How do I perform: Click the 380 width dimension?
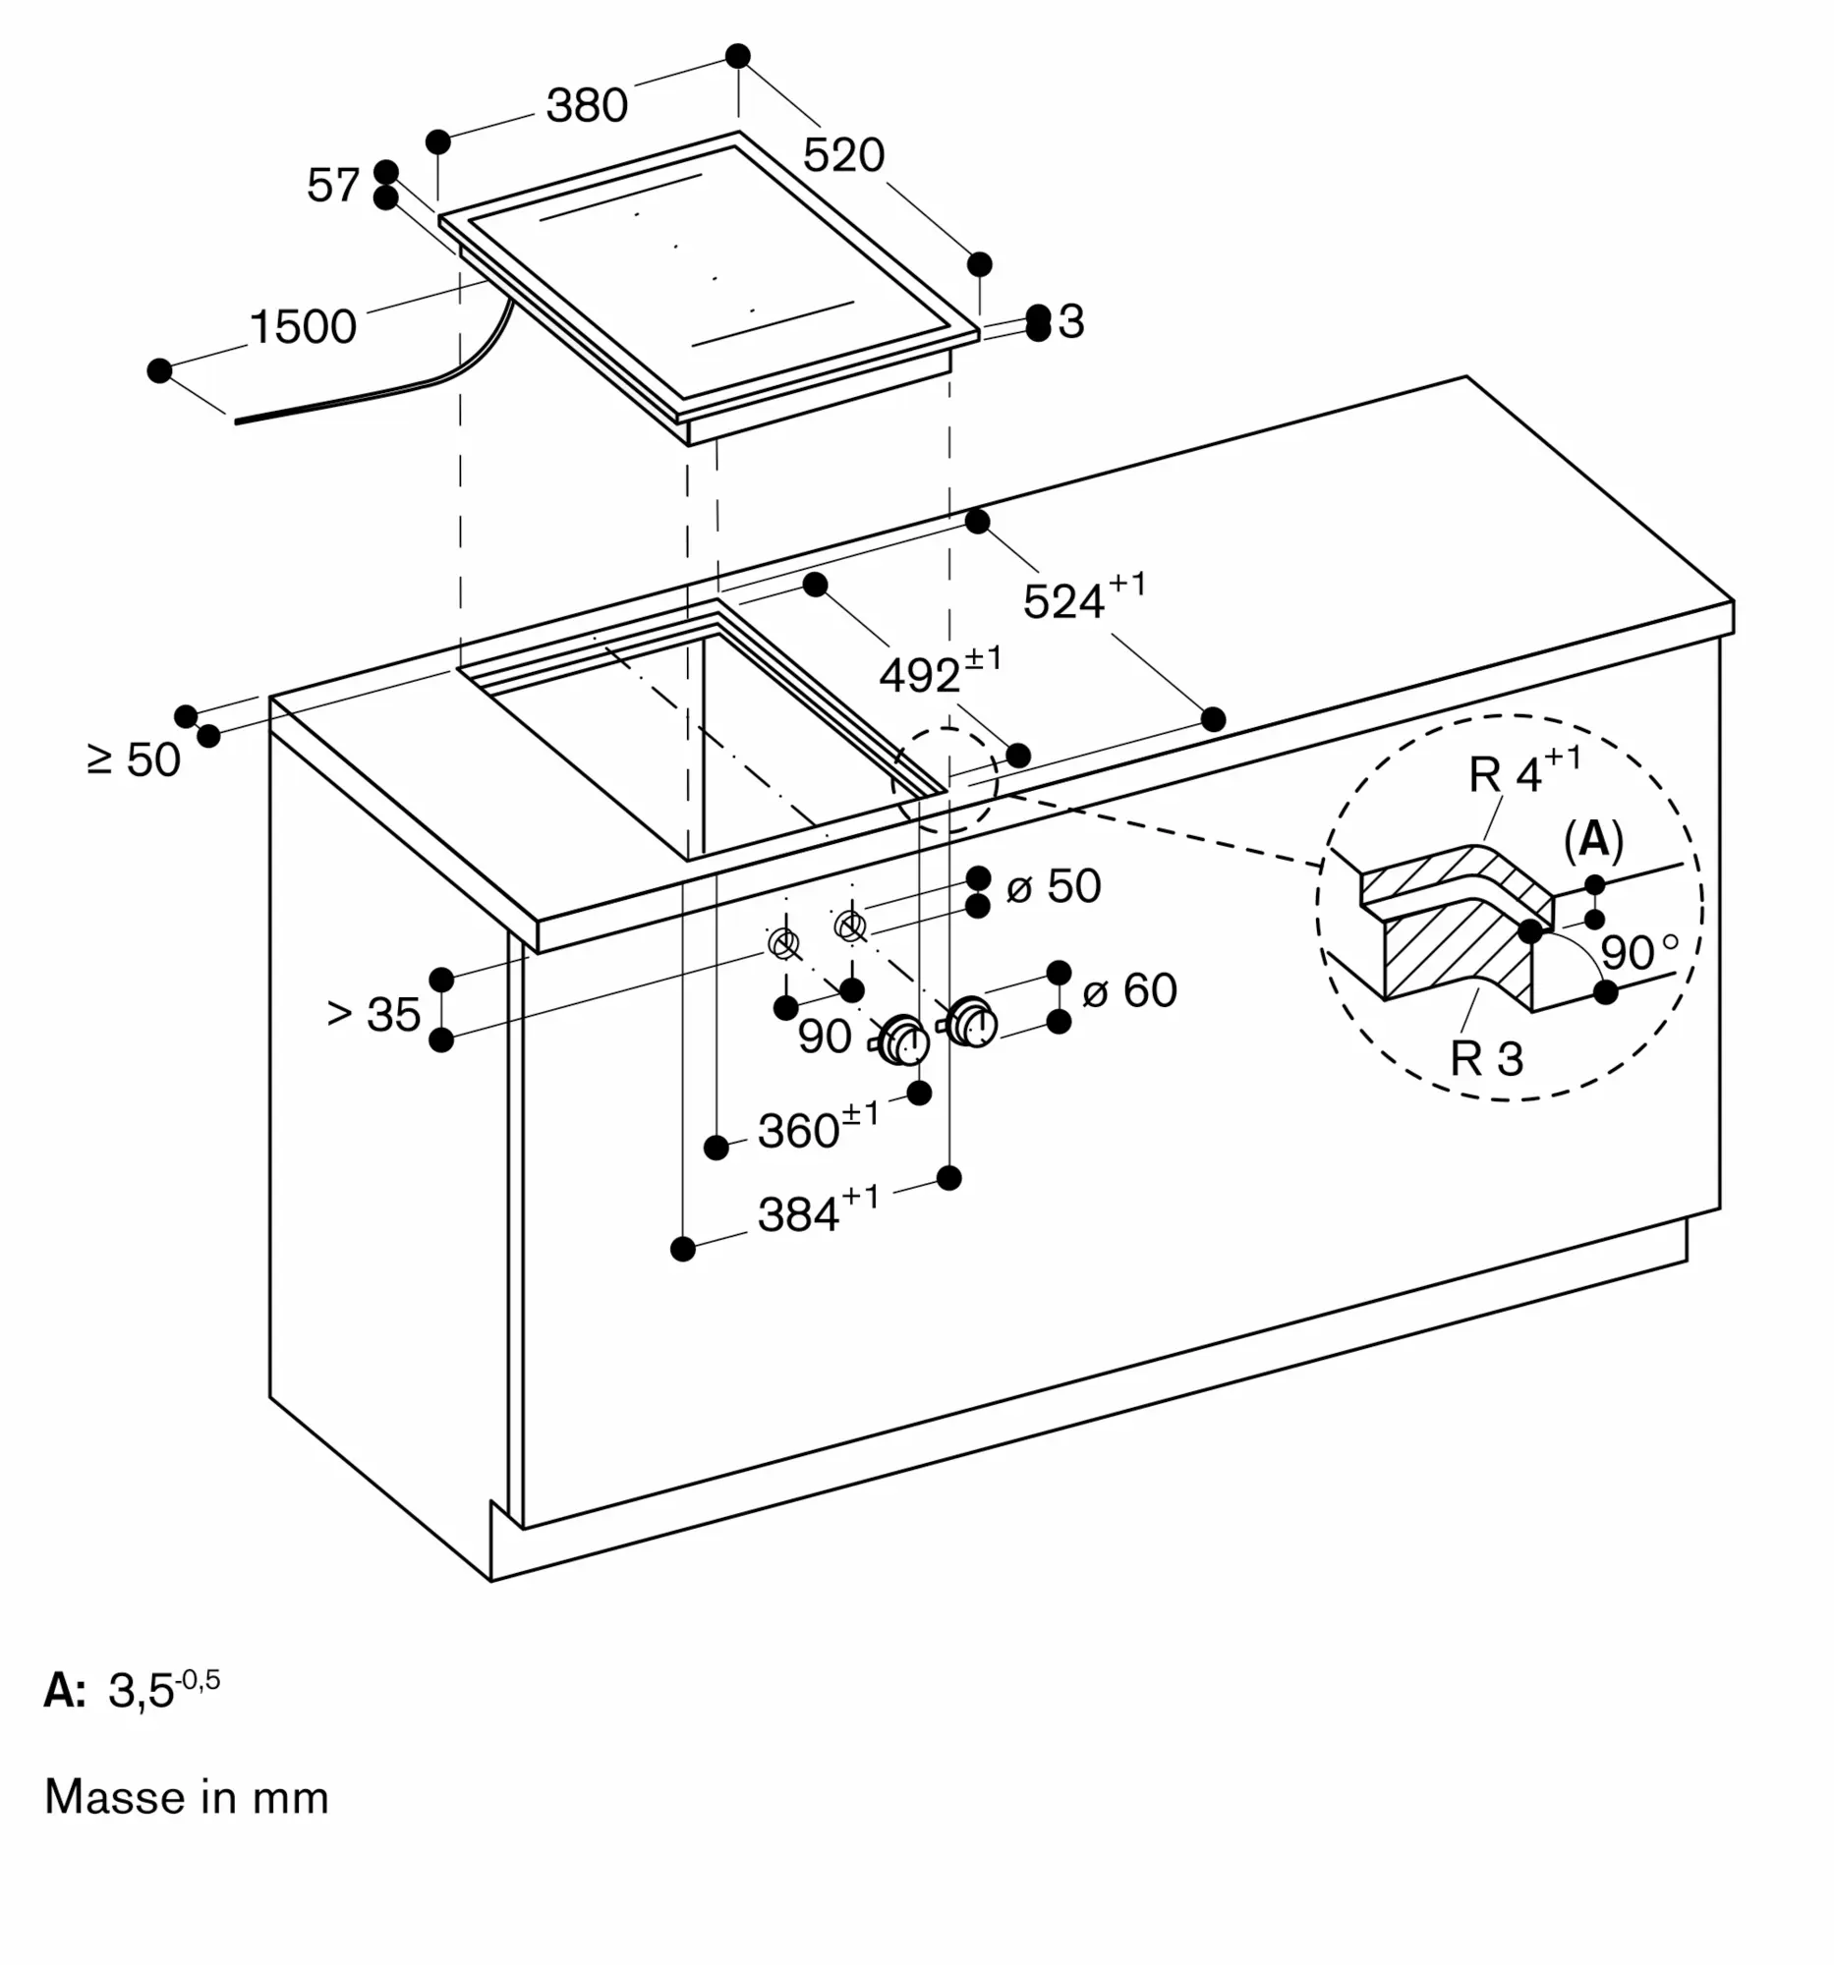pos(588,106)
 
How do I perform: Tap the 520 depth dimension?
pos(843,155)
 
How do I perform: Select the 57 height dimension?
pos(333,185)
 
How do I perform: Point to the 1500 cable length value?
pos(303,327)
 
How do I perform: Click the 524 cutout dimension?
pos(1085,597)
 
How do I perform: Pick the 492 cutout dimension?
pos(941,670)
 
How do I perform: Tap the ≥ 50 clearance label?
pos(135,760)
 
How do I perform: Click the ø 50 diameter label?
pos(1053,886)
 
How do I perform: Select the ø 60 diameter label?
pos(1129,990)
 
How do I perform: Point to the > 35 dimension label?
pos(373,1014)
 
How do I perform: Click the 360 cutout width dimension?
pos(818,1127)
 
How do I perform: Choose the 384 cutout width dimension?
pos(818,1210)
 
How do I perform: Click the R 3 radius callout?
pos(1487,1058)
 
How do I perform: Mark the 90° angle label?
pos(1639,952)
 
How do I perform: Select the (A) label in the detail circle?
pos(1594,840)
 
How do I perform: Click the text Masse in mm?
pos(187,1797)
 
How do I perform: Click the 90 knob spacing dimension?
pos(825,1037)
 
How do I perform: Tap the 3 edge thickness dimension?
pos(1070,322)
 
